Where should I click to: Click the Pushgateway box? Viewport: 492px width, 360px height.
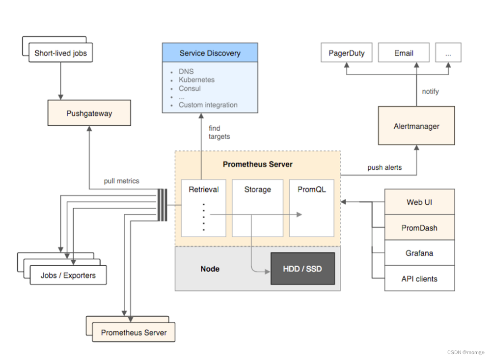pos(89,113)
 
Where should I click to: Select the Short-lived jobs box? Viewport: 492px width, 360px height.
pos(60,53)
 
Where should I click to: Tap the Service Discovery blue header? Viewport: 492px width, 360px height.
pos(210,53)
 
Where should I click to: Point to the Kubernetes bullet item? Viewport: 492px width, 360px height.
pos(196,80)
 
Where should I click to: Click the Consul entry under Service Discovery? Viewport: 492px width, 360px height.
pos(190,88)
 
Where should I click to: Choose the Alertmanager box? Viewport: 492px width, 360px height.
pos(416,126)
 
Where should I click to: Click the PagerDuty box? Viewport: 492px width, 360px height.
pos(346,53)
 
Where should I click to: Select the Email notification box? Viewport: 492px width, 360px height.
pos(404,53)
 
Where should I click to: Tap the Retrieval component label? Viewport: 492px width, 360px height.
pos(203,189)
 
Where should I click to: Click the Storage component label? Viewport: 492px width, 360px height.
pos(257,189)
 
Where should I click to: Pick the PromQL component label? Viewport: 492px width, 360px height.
pos(311,189)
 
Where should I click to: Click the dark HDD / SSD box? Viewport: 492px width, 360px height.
pos(302,269)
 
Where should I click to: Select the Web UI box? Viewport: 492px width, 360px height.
pos(419,202)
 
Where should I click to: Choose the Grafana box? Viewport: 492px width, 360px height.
pos(419,253)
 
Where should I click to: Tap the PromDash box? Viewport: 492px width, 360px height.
pos(419,227)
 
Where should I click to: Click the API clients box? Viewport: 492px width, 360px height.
pos(419,278)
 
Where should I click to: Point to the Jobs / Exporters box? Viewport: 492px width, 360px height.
pos(68,276)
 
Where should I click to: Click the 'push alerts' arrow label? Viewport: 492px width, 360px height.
pos(384,167)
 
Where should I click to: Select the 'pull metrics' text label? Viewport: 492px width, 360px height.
pos(121,181)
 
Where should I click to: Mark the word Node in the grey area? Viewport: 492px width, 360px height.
pos(210,269)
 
